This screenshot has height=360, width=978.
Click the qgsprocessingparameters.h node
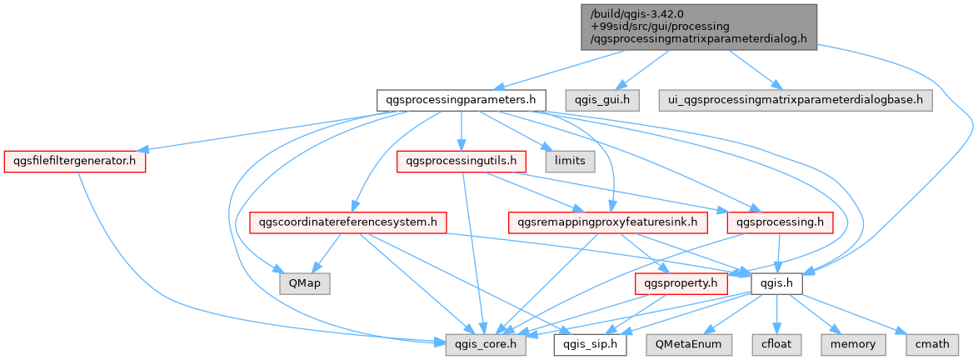coord(461,100)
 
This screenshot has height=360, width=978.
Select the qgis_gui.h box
coord(602,100)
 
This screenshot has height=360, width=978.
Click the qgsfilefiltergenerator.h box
coord(74,161)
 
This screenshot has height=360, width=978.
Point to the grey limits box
coord(570,161)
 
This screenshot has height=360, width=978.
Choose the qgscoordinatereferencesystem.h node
coord(349,222)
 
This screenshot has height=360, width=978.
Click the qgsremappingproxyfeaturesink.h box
coord(608,222)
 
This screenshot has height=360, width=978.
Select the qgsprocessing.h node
coord(780,222)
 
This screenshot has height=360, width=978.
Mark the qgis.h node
coord(776,283)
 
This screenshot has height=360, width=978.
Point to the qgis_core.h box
coord(485,344)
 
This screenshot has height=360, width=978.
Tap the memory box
coord(852,344)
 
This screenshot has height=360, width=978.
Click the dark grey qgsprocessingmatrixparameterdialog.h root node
coord(698,27)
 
